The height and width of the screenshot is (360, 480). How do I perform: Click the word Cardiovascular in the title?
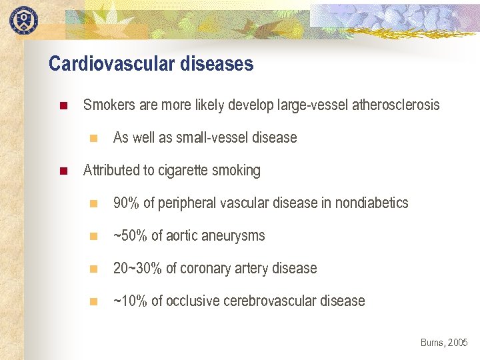(101, 64)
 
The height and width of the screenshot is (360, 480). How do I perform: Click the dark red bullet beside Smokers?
(63, 106)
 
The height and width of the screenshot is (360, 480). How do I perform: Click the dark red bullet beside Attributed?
(63, 171)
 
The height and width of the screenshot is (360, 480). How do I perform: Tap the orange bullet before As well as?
(93, 139)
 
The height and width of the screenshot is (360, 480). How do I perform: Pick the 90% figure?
(126, 203)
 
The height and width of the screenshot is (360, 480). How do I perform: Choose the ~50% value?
(129, 236)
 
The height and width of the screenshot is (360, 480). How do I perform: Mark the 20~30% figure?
(137, 269)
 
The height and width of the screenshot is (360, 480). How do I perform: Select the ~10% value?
(129, 301)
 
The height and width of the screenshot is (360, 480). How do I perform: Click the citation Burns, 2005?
(444, 343)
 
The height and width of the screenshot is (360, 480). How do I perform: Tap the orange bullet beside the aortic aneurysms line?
(93, 237)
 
